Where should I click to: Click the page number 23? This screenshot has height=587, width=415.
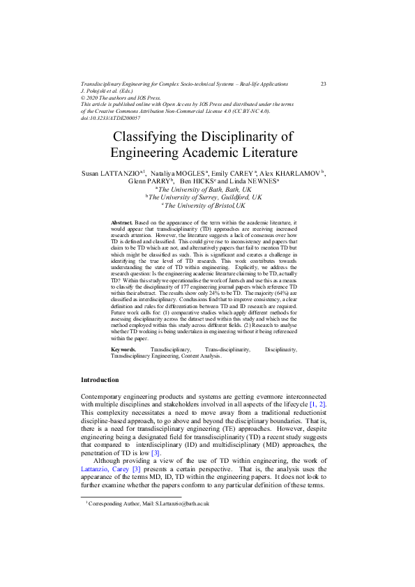coord(324,84)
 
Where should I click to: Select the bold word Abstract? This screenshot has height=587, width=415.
coord(121,221)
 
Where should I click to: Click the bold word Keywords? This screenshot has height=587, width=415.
coord(124,349)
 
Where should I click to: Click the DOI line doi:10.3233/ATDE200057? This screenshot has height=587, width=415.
coord(111,118)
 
